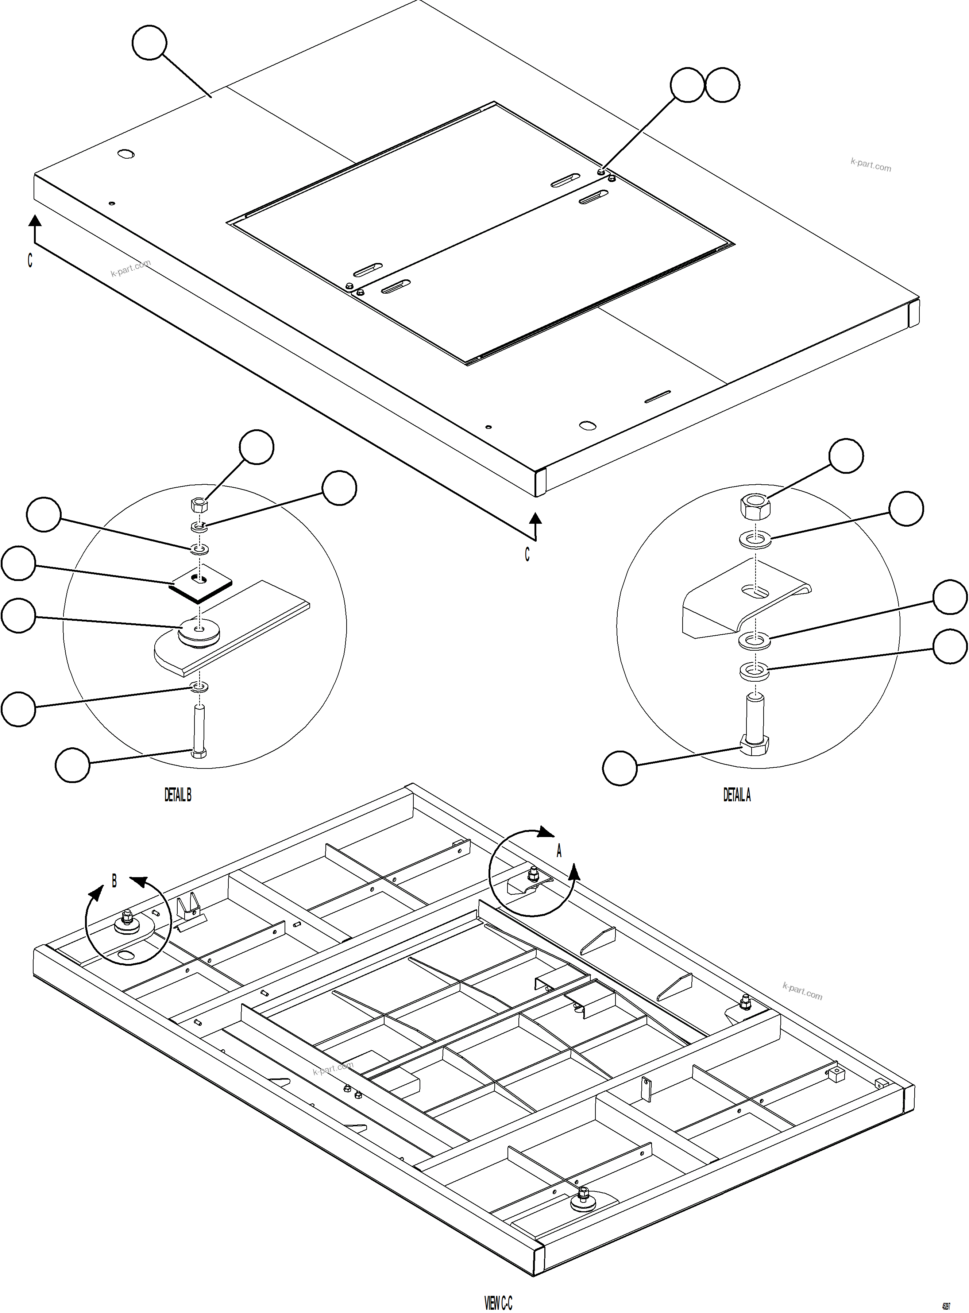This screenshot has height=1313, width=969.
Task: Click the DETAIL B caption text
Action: click(177, 795)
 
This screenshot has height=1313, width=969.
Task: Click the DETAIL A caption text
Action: click(737, 795)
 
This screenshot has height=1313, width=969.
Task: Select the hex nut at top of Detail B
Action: click(199, 505)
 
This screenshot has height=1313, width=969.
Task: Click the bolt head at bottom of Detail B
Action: click(199, 753)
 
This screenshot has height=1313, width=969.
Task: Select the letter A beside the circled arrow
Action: click(559, 851)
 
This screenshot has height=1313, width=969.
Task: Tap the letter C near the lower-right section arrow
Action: click(527, 554)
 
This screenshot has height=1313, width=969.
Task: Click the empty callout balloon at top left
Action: click(150, 42)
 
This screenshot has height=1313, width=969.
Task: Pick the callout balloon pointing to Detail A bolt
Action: click(620, 768)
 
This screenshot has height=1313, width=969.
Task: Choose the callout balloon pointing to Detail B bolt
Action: click(72, 765)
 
